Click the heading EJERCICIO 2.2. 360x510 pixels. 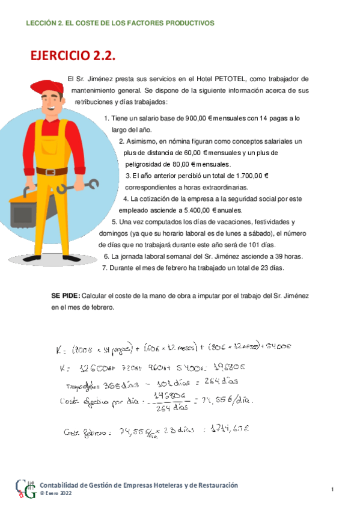(72, 57)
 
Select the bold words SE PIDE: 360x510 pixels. (66, 296)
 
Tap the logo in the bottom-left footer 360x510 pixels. (25, 489)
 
